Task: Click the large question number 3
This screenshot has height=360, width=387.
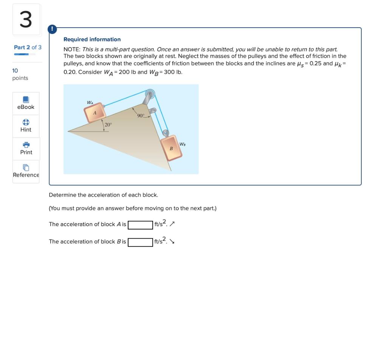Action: (26, 20)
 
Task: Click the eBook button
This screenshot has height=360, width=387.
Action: (26, 103)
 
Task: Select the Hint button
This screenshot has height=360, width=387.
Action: (26, 126)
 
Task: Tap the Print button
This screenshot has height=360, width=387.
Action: (26, 149)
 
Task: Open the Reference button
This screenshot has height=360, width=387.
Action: (26, 171)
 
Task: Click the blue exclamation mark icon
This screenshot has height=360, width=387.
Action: (52, 29)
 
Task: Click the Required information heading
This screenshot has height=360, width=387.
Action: (92, 39)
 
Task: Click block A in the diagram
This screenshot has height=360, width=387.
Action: (94, 113)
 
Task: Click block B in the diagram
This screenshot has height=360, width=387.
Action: (172, 149)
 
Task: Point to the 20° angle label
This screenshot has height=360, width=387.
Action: (108, 125)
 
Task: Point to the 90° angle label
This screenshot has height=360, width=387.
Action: (141, 116)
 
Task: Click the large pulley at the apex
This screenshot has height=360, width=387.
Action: (150, 93)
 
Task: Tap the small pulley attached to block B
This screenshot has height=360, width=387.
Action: (165, 133)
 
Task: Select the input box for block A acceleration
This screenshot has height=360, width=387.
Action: (140, 225)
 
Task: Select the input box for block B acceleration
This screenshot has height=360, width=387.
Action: (140, 242)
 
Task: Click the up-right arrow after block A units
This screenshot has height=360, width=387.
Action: (172, 224)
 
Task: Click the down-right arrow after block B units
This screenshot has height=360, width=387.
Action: (172, 242)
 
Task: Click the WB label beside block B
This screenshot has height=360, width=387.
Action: (182, 144)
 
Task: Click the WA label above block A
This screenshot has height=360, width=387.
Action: (90, 102)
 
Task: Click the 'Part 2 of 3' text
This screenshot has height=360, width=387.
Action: (28, 47)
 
